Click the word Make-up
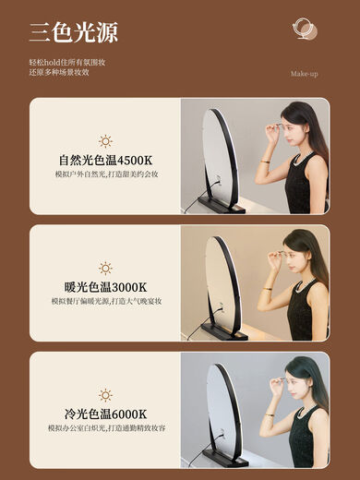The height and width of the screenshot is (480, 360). click(x=304, y=74)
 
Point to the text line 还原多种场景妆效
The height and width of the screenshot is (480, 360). click(x=58, y=72)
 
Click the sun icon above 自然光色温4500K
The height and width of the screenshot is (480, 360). click(x=105, y=141)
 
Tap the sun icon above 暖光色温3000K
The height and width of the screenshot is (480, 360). click(x=105, y=269)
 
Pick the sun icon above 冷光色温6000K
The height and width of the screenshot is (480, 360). click(x=105, y=394)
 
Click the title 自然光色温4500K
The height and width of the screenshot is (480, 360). click(x=105, y=160)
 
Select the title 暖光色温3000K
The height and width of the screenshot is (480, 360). click(x=105, y=287)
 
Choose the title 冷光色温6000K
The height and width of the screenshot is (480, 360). click(x=105, y=413)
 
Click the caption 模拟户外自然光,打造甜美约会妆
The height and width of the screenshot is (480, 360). click(x=105, y=174)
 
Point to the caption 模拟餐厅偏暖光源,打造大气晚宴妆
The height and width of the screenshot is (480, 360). click(x=105, y=301)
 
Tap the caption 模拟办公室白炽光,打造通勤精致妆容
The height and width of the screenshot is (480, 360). click(x=105, y=427)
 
